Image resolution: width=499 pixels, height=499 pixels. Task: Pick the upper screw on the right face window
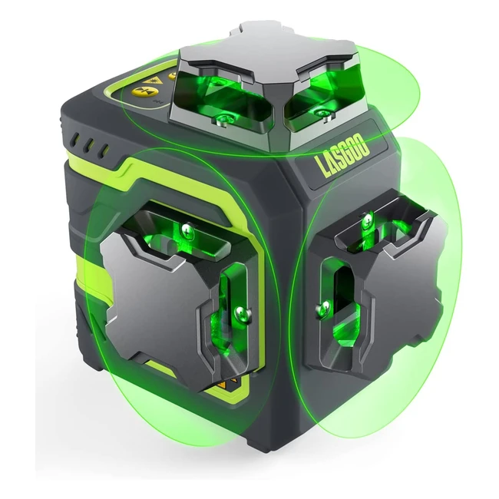[x=368, y=219]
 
